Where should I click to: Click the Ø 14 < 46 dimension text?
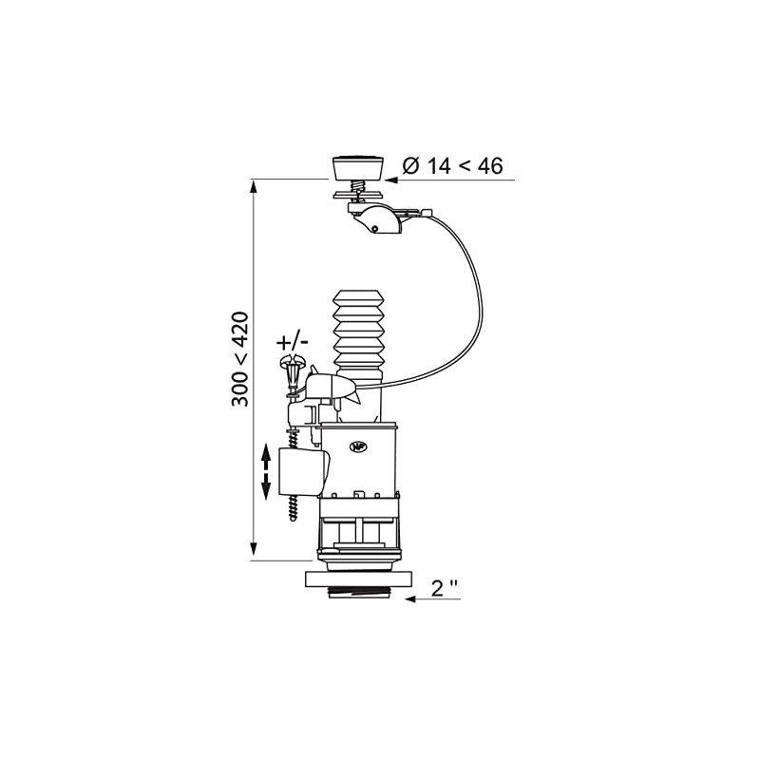click(x=452, y=165)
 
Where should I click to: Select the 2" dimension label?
click(x=445, y=588)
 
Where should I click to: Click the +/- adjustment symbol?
click(x=292, y=340)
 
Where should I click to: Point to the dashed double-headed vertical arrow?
click(x=266, y=472)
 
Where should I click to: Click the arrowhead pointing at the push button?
click(x=394, y=178)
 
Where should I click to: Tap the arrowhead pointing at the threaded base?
click(x=413, y=599)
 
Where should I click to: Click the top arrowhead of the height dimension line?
click(x=255, y=186)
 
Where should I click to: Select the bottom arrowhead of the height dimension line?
click(x=255, y=550)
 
